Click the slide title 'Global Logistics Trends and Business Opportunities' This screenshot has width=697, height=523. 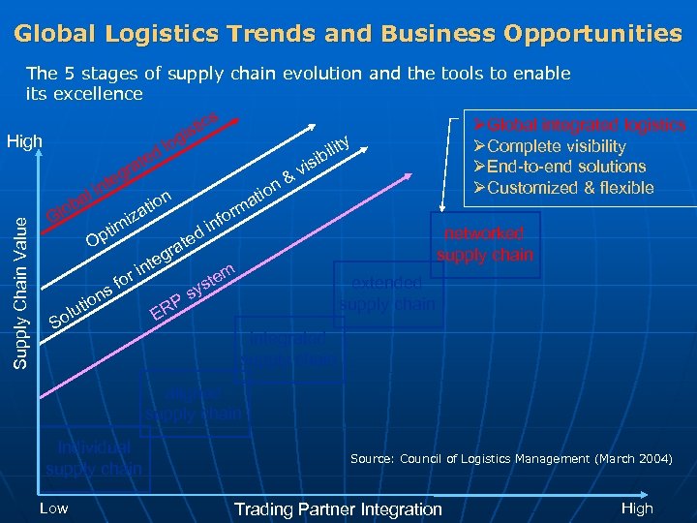click(348, 34)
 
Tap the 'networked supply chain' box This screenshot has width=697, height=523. click(484, 244)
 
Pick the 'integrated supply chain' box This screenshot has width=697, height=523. click(288, 350)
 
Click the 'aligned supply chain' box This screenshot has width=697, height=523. click(194, 405)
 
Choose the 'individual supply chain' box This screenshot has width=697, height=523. click(94, 458)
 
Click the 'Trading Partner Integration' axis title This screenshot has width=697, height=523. click(338, 509)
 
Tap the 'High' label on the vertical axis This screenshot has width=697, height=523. click(24, 142)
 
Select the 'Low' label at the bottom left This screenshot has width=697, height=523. click(53, 508)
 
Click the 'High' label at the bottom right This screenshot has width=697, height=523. click(637, 508)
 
